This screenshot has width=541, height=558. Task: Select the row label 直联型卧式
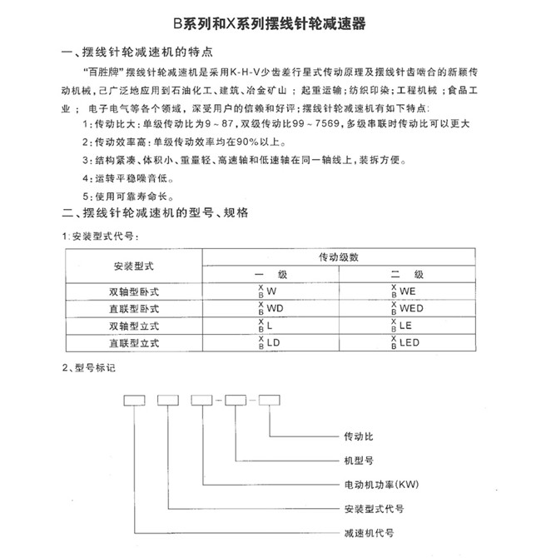(134, 308)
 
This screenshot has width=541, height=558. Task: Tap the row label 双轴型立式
(134, 325)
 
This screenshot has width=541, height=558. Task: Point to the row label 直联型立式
(134, 341)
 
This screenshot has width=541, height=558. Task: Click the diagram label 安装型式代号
(361, 507)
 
